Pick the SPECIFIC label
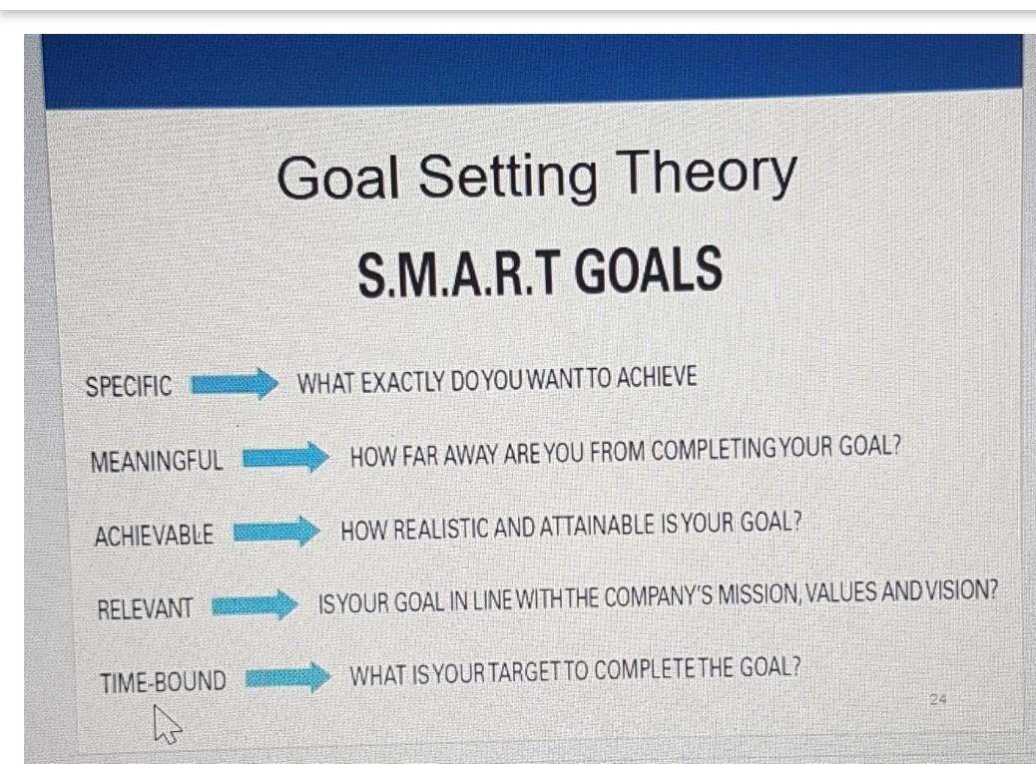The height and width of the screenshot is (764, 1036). (x=129, y=387)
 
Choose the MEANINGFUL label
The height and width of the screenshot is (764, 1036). (x=157, y=461)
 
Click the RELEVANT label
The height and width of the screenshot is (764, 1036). (x=145, y=607)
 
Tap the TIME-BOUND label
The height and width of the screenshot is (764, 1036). (x=163, y=682)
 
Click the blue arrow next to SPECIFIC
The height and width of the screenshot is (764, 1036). (x=233, y=384)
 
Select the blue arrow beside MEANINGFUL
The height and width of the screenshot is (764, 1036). (x=285, y=458)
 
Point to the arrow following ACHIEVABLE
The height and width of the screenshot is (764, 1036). (x=274, y=531)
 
